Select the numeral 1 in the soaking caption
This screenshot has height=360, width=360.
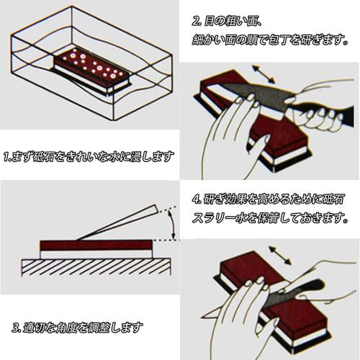pos(6,156)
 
